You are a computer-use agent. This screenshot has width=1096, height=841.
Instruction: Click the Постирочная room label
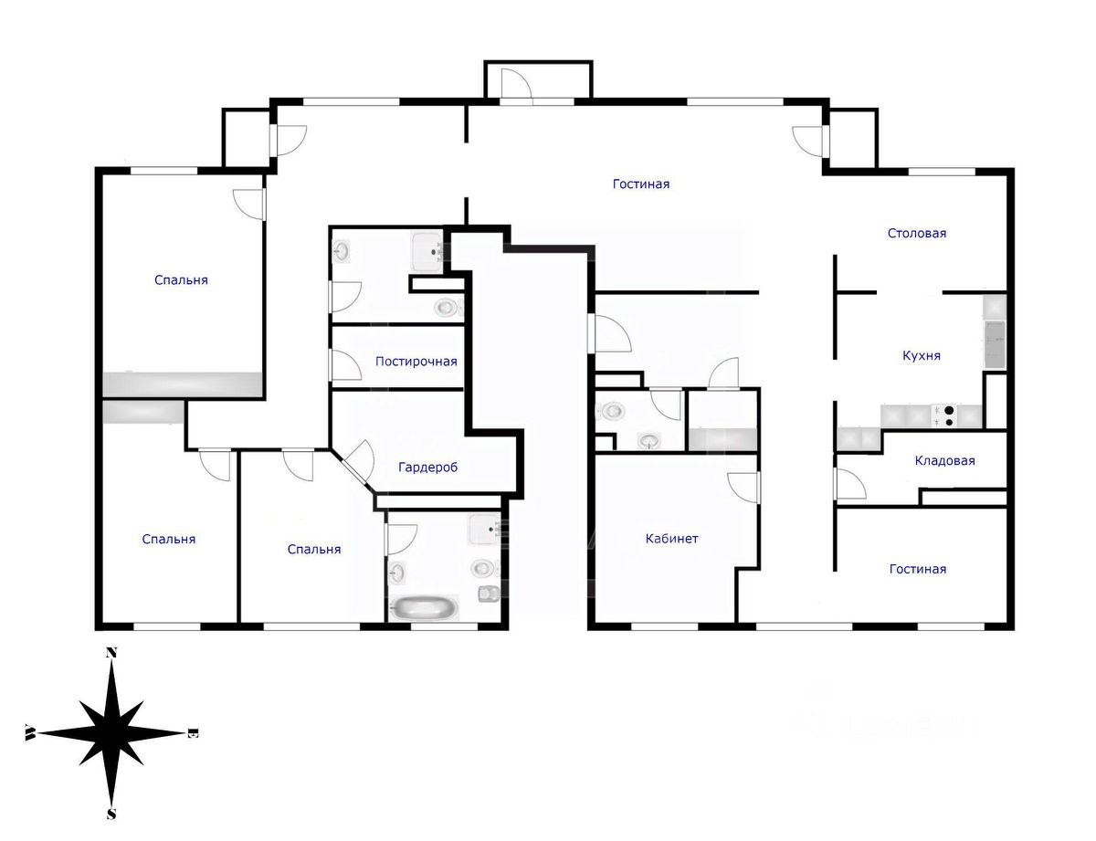(416, 362)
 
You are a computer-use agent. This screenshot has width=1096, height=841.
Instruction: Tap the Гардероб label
(427, 468)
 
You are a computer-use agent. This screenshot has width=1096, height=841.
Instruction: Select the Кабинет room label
(671, 539)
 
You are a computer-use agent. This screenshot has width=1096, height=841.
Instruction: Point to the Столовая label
(917, 233)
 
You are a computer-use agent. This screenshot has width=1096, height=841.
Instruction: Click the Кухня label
(921, 356)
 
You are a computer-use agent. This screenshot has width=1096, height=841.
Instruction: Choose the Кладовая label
(944, 461)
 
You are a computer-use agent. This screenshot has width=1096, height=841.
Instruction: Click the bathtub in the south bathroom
(423, 607)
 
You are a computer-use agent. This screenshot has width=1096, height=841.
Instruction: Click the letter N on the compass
(111, 652)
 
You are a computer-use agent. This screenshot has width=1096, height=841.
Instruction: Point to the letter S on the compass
(111, 814)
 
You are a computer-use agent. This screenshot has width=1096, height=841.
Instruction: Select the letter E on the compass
(193, 733)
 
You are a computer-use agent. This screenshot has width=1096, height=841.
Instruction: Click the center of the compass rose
(111, 733)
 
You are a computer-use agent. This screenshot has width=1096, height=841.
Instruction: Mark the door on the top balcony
(516, 83)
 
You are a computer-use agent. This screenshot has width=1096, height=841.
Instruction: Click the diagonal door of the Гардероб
(357, 462)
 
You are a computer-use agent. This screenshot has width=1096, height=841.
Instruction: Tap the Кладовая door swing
(849, 483)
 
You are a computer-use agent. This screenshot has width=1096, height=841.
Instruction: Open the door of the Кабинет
(743, 486)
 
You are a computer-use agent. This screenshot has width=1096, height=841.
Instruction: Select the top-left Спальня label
(181, 280)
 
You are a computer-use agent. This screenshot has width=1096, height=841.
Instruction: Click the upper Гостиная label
(640, 184)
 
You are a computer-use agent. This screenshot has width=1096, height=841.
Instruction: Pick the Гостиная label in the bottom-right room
(917, 569)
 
